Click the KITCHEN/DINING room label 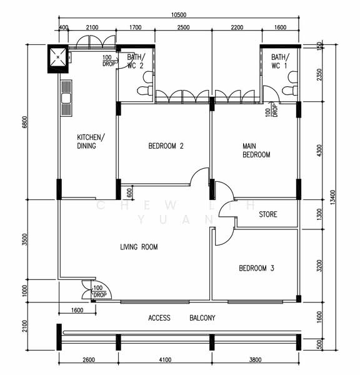[x=91, y=141]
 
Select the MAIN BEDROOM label [x=256, y=151]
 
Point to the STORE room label [x=267, y=214]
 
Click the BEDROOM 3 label [x=256, y=268]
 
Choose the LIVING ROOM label [x=139, y=247]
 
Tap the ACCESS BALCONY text [x=181, y=318]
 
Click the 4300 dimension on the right [x=319, y=151]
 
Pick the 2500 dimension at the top [x=183, y=28]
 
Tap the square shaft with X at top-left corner [x=60, y=58]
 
